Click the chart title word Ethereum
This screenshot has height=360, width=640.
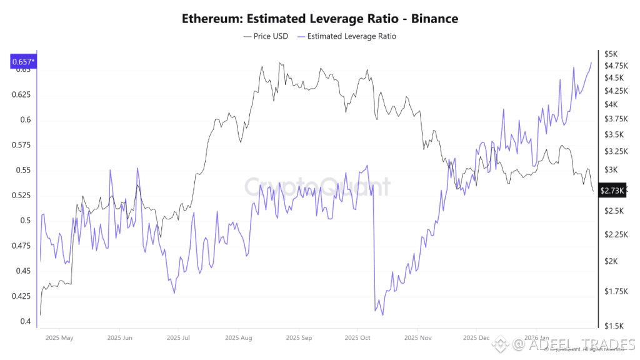coord(209,19)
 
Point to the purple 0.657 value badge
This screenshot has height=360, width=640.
coord(22,61)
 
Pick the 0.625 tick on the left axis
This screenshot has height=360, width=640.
coord(21,95)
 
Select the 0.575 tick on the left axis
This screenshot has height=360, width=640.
coord(21,145)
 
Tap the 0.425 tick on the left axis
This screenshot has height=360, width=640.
coord(21,296)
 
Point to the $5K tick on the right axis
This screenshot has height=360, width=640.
coord(611,54)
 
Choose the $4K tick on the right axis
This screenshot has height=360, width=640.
coord(611,104)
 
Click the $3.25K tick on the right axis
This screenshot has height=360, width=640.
coord(615,151)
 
